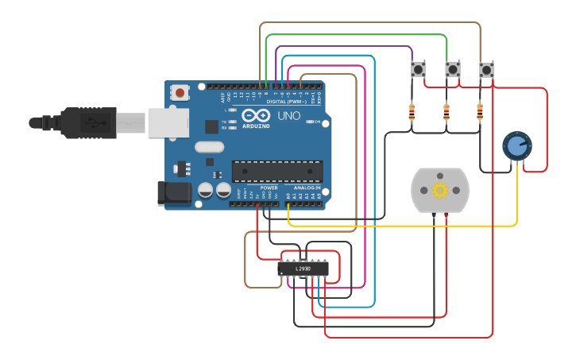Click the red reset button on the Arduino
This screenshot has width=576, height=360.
coord(180,93)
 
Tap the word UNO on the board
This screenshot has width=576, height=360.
coord(289,116)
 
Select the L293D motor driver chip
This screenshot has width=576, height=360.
coord(303,269)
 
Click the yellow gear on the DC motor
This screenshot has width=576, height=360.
coord(439,190)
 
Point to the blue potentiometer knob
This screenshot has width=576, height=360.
coord(516,145)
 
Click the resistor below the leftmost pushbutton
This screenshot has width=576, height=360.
coord(412,112)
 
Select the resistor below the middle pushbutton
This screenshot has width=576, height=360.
coord(446,112)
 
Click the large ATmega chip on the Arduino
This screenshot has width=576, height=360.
coord(277,170)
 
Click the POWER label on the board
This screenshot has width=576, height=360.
coord(269,188)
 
